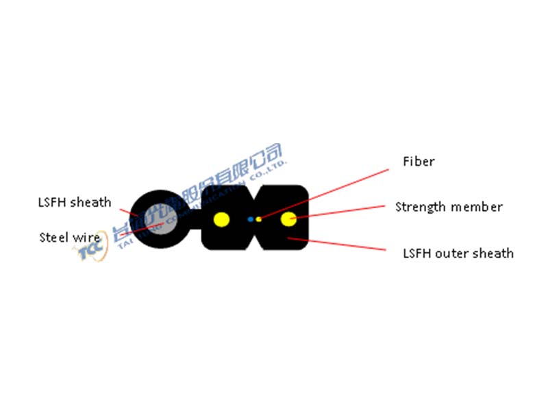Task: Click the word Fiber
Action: [419, 162]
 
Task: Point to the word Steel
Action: [52, 238]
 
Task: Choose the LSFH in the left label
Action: [51, 202]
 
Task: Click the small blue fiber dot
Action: [251, 219]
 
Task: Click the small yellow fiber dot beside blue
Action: [259, 219]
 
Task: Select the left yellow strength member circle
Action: [221, 220]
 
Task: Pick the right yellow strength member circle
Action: [290, 220]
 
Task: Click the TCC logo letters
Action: [89, 253]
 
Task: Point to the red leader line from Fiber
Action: [329, 192]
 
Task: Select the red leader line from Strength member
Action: [342, 212]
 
